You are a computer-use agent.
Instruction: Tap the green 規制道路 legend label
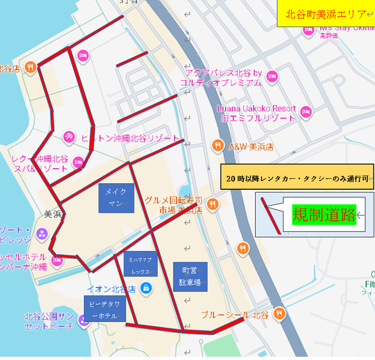pyautogui.click(x=324, y=215)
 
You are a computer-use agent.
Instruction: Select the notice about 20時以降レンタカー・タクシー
pyautogui.click(x=298, y=177)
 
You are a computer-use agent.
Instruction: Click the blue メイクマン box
pyautogui.click(x=116, y=198)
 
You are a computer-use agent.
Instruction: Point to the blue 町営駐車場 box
pyautogui.click(x=190, y=276)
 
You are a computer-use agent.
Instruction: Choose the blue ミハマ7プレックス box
pyautogui.click(x=140, y=264)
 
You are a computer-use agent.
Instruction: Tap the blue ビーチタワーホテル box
pyautogui.click(x=105, y=309)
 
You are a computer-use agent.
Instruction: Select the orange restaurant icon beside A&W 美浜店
pyautogui.click(x=217, y=145)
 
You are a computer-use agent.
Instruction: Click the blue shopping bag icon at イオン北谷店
pyautogui.click(x=145, y=288)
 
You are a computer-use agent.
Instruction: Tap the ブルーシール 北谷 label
pyautogui.click(x=234, y=314)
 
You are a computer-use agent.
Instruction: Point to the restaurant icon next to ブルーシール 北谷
pyautogui.click(x=280, y=313)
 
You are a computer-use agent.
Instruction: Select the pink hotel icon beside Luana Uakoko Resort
pyautogui.click(x=306, y=112)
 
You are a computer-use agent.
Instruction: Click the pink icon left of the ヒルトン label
pyautogui.click(x=69, y=136)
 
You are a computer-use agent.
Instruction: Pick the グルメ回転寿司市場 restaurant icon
pyautogui.click(x=212, y=204)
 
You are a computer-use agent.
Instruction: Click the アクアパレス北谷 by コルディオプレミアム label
pyautogui.click(x=223, y=78)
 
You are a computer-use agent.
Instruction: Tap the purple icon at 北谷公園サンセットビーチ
pyautogui.click(x=83, y=321)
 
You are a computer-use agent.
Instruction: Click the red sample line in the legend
pyautogui.click(x=270, y=215)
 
